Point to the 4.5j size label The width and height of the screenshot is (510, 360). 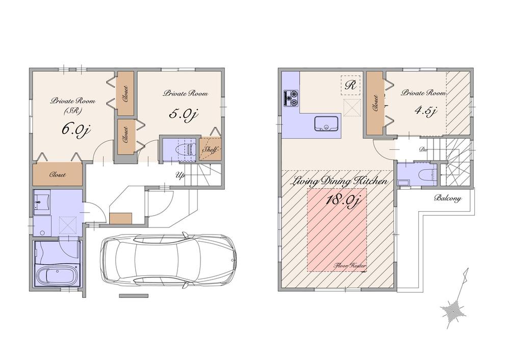424,111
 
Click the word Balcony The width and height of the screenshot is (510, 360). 448,198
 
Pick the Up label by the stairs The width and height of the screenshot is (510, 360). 180,175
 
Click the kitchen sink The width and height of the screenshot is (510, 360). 323,124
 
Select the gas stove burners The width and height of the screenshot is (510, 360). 291,97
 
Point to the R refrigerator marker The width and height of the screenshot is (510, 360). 350,85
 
